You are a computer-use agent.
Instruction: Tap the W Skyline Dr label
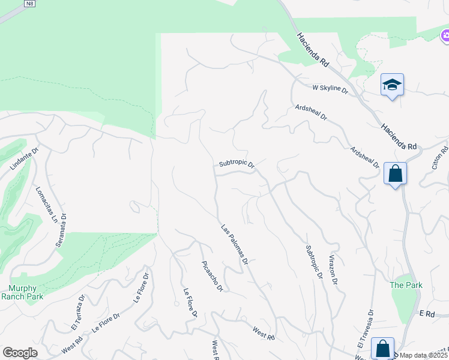point(330,88)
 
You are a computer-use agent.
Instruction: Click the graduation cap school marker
point(392,85)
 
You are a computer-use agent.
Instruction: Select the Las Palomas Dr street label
point(235,245)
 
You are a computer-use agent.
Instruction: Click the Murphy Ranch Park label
point(22,292)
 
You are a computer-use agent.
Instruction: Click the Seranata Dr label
point(63,214)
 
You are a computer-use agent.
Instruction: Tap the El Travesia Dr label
point(366,329)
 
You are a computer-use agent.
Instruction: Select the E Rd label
point(427,314)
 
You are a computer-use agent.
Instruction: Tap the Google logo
point(20,353)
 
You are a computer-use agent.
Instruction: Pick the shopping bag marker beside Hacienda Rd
point(395,174)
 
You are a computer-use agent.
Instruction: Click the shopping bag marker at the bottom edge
point(382,349)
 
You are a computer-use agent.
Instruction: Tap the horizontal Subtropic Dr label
point(237,163)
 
